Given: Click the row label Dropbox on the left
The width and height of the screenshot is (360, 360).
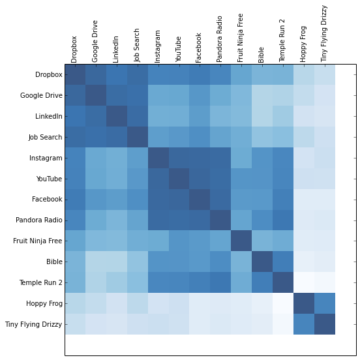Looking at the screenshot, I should pos(48,75).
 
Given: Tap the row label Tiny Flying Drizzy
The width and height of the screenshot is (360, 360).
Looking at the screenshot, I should pos(33,324).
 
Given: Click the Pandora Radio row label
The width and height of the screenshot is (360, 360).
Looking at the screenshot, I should pos(40,220).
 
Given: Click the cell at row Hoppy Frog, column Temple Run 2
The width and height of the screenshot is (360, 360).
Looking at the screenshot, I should pos(283,303).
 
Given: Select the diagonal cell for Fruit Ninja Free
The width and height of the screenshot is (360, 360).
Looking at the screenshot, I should pos(241,241).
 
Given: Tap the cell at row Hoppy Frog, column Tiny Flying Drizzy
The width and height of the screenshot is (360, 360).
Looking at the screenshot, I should pos(324,303).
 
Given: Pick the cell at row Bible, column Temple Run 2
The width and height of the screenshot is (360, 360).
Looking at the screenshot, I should pos(283,262).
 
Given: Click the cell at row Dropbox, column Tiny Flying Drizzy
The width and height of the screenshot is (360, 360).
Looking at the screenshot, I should pos(324,75).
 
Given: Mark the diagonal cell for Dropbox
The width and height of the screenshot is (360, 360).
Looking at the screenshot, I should pos(75,75).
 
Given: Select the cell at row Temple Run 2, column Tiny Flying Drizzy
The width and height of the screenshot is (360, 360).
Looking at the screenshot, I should pos(324,282).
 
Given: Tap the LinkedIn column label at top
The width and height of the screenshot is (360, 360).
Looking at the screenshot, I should pos(116,48).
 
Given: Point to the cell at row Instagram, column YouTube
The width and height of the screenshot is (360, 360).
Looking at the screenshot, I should pos(179,158).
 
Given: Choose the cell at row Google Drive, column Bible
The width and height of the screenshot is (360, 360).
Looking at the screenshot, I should pos(262,96).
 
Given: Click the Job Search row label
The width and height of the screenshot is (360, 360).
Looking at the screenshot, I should pos(45,138).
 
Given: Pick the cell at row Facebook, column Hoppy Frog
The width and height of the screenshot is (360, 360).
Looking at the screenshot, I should pos(303,200).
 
